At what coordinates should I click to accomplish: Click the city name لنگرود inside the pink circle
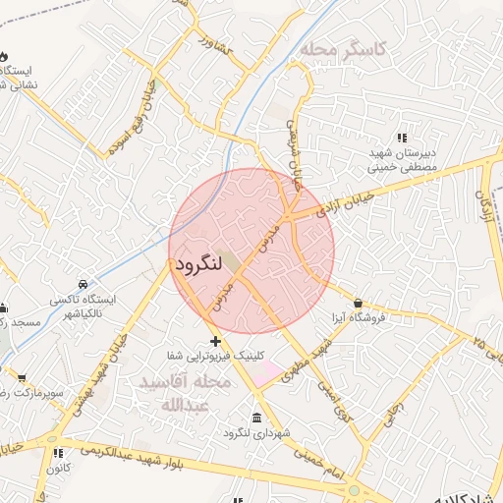coord(202,265)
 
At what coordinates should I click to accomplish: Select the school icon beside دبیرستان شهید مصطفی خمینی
coord(401,138)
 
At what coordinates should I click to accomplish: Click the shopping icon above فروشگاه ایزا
coord(358,303)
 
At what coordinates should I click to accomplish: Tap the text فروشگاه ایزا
coord(359,318)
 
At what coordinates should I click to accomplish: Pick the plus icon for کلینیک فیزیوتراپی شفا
coord(216,340)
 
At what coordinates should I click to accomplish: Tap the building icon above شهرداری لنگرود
coord(256,418)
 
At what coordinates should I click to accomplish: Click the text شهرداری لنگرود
coord(256,433)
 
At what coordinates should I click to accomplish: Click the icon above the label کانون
coord(57,453)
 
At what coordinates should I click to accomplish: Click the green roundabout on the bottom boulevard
coord(354,489)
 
